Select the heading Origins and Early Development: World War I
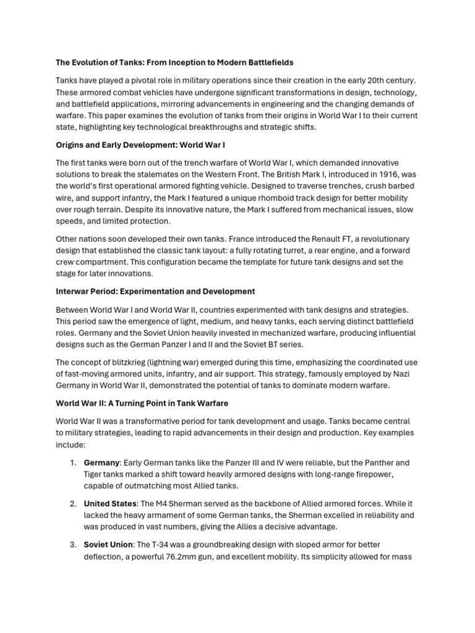(140, 145)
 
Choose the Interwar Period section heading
(155, 291)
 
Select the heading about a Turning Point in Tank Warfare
(142, 403)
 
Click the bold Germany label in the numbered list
(101, 462)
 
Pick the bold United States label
(108, 503)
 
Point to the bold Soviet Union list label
(108, 544)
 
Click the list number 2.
(73, 503)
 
